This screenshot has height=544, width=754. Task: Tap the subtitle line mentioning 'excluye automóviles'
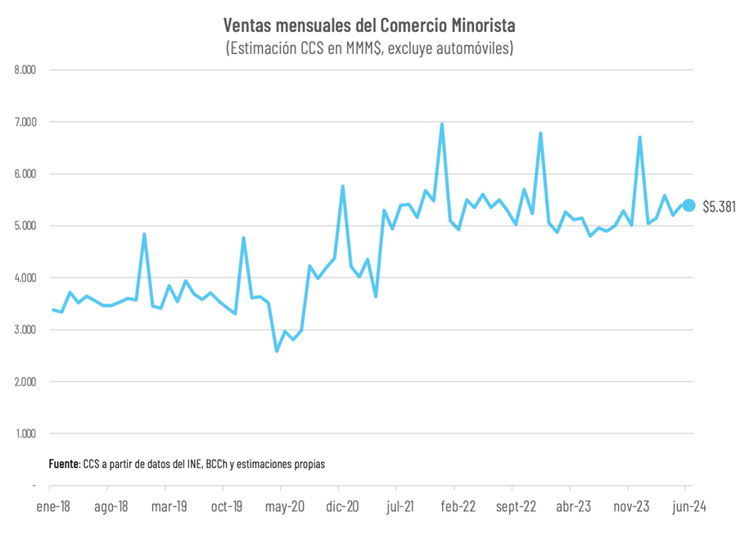(x=369, y=48)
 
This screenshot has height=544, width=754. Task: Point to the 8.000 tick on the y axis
(x=25, y=70)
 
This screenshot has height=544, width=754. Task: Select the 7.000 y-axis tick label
(x=25, y=122)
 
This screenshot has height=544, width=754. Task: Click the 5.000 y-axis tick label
(x=25, y=226)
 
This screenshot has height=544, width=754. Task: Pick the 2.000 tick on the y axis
(x=25, y=382)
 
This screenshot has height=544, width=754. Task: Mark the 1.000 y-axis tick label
(x=25, y=434)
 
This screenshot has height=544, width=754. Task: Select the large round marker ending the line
(x=689, y=205)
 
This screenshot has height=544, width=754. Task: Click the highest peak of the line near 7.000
(x=442, y=124)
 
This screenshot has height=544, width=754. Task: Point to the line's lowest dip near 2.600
(x=277, y=351)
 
